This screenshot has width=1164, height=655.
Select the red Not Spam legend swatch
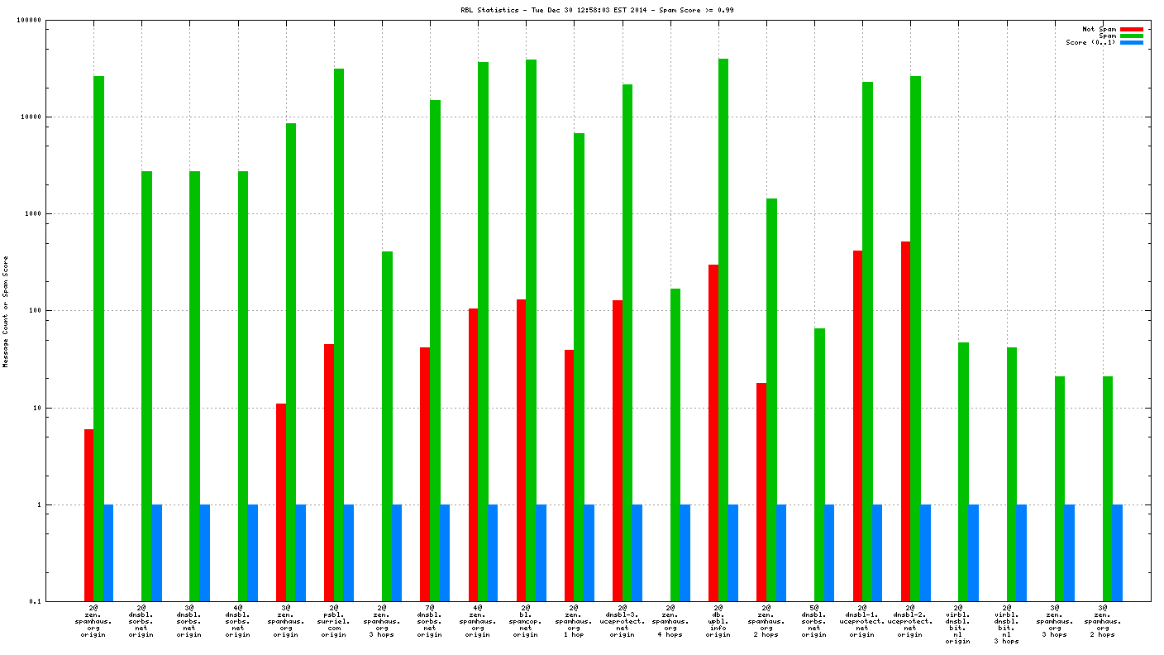1132,29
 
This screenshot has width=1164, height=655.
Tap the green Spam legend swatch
1132,36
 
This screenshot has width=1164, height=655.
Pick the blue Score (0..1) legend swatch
1132,42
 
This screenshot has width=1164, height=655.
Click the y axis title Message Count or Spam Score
6,311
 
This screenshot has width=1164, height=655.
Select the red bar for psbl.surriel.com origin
329,472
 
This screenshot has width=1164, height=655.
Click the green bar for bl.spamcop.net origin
531,330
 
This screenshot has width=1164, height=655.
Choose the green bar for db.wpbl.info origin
723,330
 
